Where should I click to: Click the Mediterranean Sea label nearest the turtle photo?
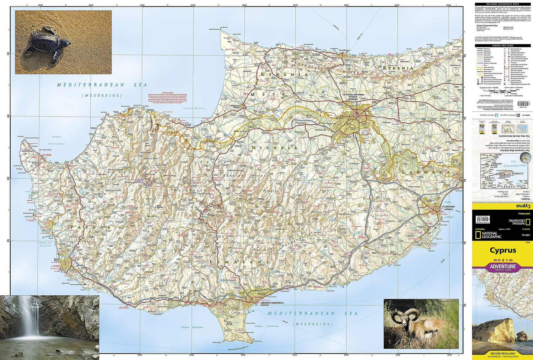click(x=102, y=85)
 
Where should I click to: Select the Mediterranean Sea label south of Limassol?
click(x=312, y=313)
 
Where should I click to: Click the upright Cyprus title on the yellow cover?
click(x=502, y=250)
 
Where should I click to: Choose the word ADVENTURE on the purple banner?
click(x=503, y=266)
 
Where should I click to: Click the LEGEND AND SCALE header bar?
click(x=502, y=45)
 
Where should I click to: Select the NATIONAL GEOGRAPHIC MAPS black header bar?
click(x=502, y=4)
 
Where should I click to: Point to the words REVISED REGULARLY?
click(x=502, y=354)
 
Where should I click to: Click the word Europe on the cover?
click(x=526, y=235)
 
